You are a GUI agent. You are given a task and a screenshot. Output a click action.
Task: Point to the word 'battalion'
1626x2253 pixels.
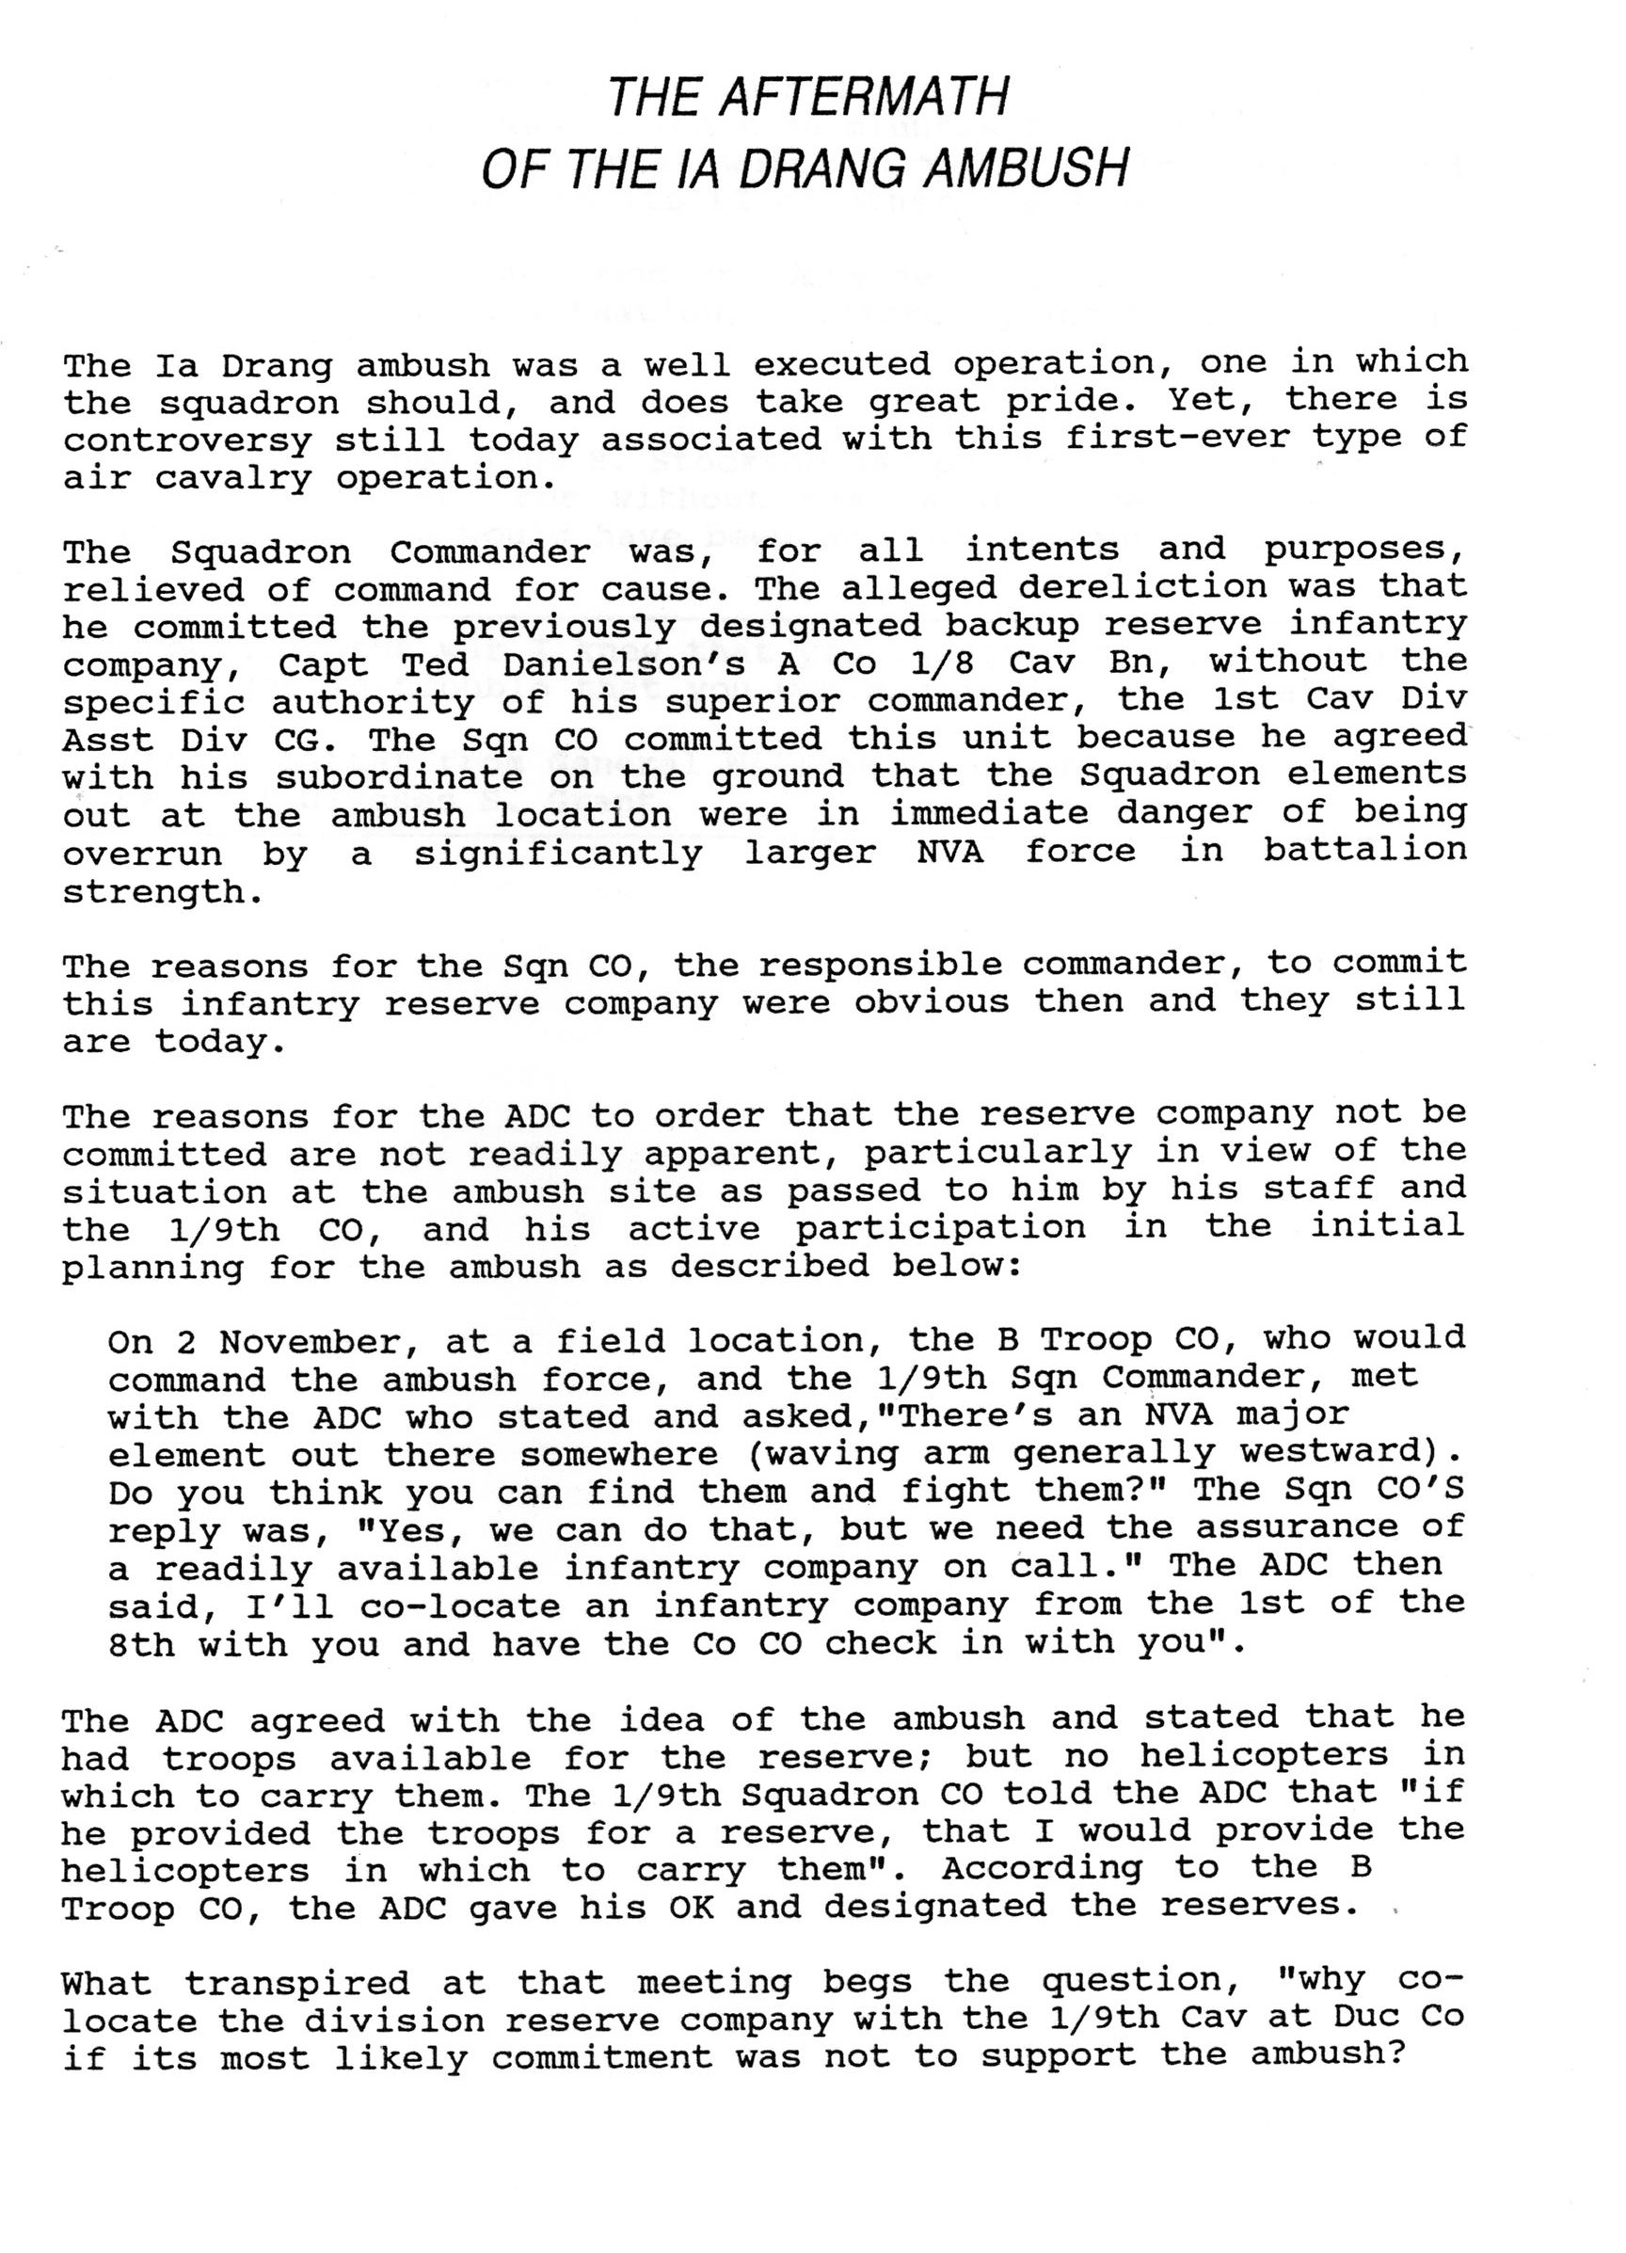point(1364,852)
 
